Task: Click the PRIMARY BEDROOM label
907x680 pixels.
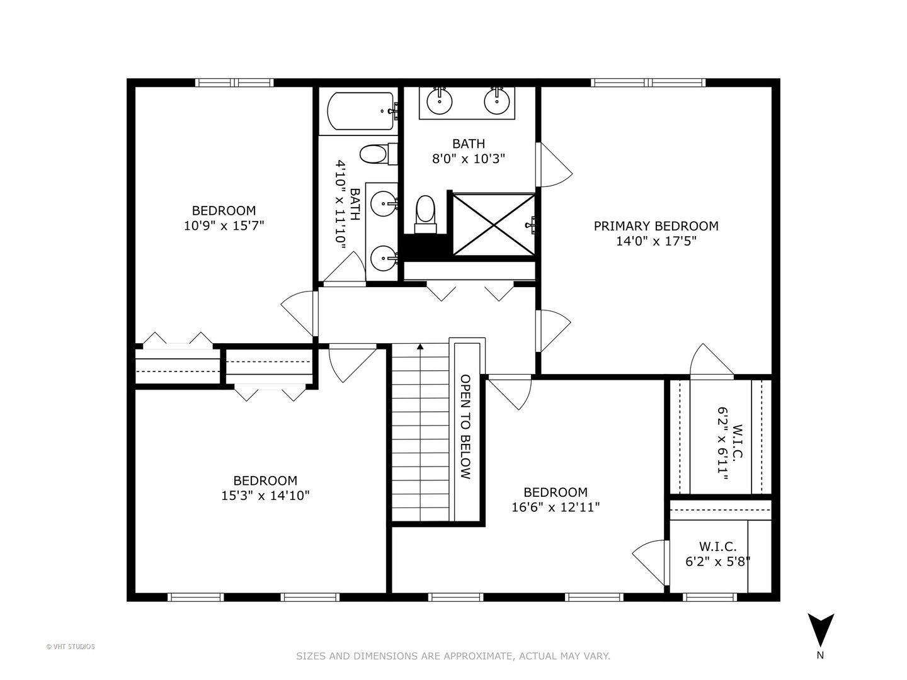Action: coord(656,226)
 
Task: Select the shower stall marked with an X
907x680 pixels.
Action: coord(494,225)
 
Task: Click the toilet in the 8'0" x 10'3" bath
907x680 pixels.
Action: coord(426,215)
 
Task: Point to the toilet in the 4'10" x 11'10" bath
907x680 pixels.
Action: coord(378,154)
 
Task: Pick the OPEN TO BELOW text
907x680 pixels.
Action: coord(465,426)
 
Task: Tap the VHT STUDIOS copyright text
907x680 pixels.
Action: coord(71,647)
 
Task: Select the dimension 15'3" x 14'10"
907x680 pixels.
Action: coord(265,496)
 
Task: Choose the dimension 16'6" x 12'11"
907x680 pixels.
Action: coord(556,507)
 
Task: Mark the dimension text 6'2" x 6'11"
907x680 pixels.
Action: coord(722,444)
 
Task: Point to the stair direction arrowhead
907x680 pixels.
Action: coord(420,346)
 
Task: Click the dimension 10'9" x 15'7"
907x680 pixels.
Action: coord(224,226)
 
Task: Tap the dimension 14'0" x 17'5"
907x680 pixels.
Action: coord(656,241)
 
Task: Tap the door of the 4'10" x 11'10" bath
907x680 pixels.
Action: coord(344,268)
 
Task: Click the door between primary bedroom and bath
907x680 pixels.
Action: coord(554,165)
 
